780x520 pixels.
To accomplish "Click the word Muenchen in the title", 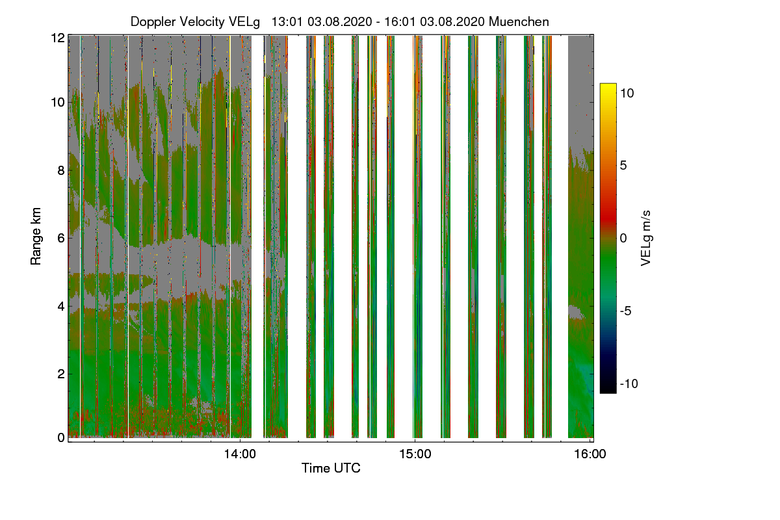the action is coord(519,21).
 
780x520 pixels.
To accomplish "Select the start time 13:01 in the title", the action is coord(287,21).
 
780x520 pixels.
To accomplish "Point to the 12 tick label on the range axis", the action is coord(58,38).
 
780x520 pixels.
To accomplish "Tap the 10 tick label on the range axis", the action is coord(58,103).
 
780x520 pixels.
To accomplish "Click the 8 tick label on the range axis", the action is coord(61,170).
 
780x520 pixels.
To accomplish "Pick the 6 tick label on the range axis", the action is coord(61,239).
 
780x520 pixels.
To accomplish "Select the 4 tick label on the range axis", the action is coord(61,306).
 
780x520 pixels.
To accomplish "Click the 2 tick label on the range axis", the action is coord(61,374).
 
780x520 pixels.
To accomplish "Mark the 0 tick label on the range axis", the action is coord(61,437).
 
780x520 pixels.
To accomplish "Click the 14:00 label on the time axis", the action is coord(240,454).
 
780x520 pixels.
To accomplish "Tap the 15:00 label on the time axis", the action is coord(415,454).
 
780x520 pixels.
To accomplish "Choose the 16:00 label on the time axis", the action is coord(590,454).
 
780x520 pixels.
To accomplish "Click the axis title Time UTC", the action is coord(331,468).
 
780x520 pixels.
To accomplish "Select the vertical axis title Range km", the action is coord(36,237).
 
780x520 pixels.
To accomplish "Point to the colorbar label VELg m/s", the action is coord(645,239).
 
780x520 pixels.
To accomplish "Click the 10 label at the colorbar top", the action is coord(627,93).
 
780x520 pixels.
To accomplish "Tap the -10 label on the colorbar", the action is coord(629,383).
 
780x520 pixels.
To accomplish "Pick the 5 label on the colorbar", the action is coord(623,166).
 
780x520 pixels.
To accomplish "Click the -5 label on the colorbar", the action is coord(625,311).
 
